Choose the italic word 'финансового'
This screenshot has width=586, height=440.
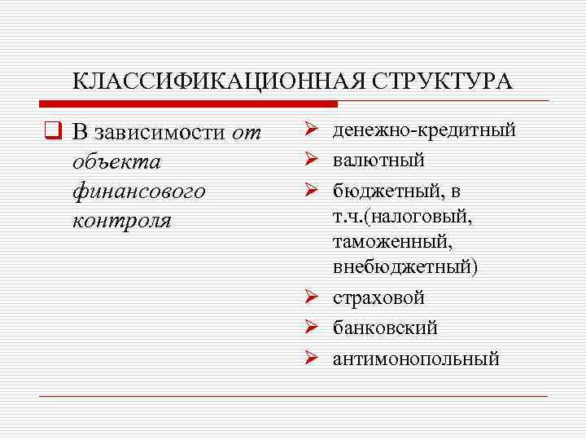(138, 192)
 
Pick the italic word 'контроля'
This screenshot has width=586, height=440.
(121, 222)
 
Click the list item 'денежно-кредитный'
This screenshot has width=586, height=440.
(424, 130)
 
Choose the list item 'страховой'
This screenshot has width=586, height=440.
(378, 298)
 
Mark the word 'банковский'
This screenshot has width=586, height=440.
(385, 328)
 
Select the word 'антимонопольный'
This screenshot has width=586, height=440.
(416, 359)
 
